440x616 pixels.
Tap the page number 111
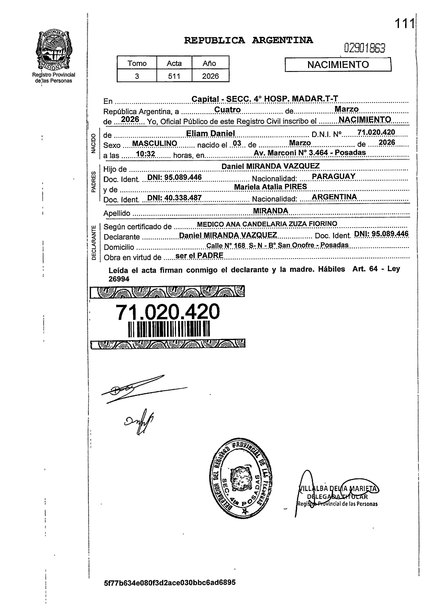404,24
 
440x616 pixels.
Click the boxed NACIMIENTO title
338,65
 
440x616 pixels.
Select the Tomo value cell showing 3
137,76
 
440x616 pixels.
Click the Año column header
210,63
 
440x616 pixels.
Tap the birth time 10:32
145,154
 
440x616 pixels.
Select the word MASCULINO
154,143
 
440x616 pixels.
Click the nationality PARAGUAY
333,176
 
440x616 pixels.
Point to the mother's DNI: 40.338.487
174,198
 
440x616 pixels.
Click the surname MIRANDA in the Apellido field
270,211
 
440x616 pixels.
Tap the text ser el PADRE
199,255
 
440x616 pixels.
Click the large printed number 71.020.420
168,312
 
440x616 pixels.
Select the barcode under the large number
169,329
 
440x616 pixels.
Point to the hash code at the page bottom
170,582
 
